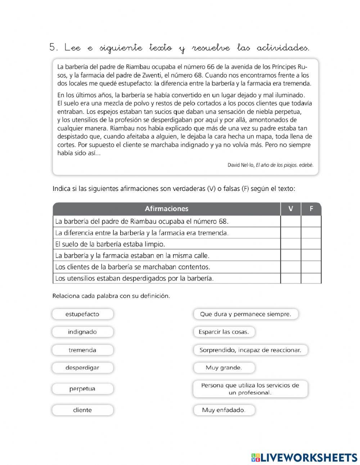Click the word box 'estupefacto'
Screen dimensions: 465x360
click(x=82, y=314)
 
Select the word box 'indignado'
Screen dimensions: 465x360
click(x=82, y=332)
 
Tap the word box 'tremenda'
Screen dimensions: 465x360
click(x=82, y=350)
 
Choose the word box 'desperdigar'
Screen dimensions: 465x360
click(x=82, y=368)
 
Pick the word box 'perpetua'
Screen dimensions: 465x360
click(x=82, y=389)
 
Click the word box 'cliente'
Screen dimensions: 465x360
click(x=82, y=410)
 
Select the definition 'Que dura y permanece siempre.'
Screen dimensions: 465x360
click(x=246, y=314)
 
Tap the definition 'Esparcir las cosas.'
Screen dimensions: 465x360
click(x=224, y=332)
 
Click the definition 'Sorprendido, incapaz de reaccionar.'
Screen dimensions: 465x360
click(x=250, y=350)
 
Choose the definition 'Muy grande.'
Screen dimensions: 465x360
click(x=224, y=368)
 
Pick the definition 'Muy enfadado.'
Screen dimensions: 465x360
click(x=224, y=410)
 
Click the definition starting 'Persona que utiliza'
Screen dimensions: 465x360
click(x=250, y=389)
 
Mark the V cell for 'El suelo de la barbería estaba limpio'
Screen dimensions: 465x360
click(x=291, y=244)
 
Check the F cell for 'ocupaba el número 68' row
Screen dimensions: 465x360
click(x=311, y=221)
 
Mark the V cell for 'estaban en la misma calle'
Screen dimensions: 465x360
click(x=291, y=256)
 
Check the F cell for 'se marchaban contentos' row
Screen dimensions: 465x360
click(x=311, y=267)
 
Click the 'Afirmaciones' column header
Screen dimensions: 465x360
click(x=166, y=209)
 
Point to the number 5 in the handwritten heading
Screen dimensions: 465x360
click(x=53, y=48)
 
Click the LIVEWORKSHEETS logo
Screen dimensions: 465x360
click(x=304, y=457)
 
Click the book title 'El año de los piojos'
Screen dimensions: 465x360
click(x=276, y=165)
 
